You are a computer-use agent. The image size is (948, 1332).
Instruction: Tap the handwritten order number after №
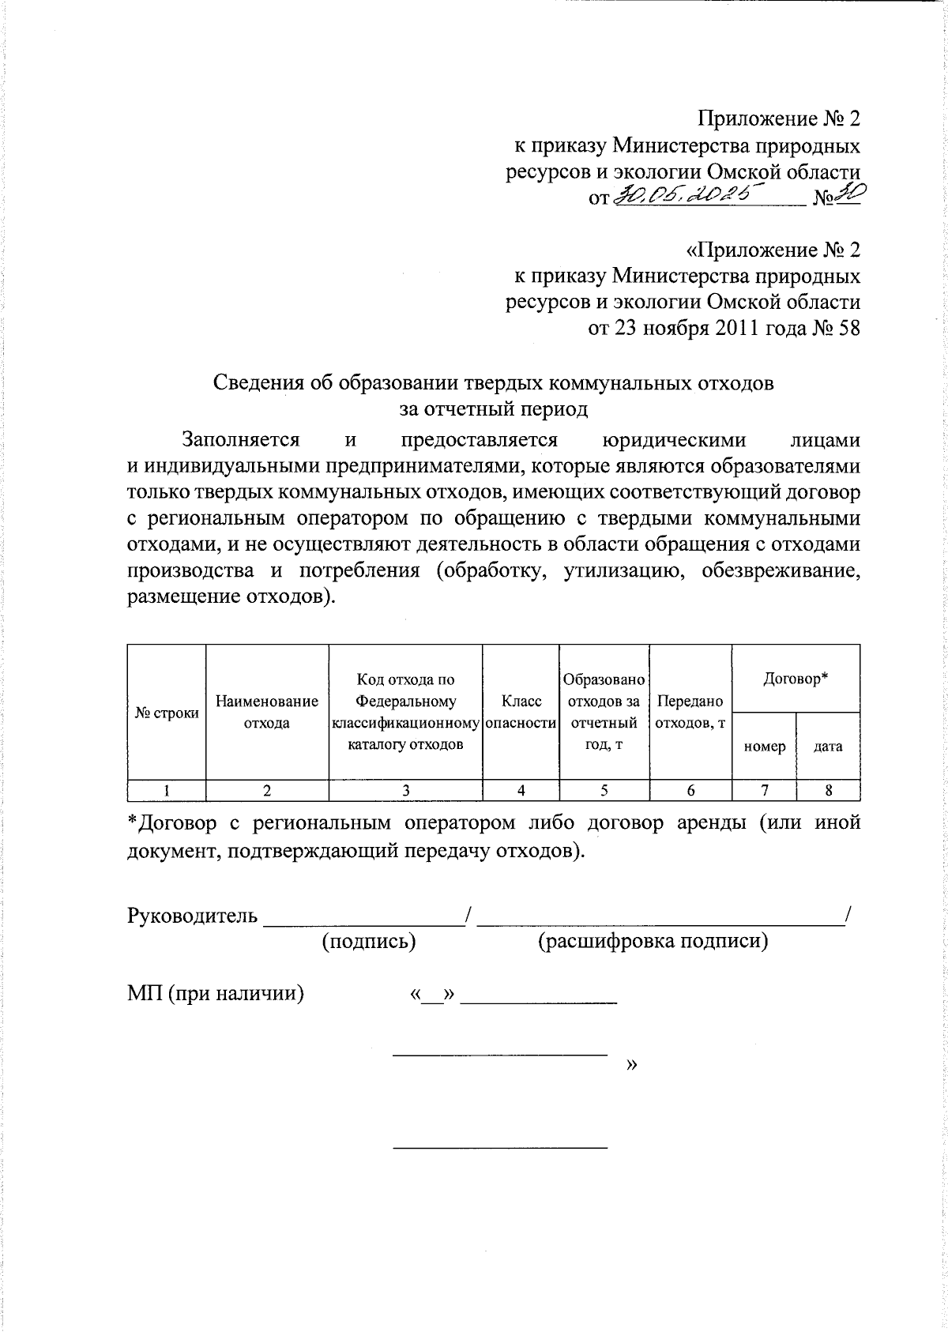[848, 194]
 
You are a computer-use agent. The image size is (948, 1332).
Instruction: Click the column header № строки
[167, 713]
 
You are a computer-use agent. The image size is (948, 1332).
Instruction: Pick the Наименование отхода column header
[267, 712]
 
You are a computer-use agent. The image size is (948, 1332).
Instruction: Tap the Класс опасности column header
[521, 712]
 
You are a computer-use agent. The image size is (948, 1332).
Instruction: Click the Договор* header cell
[795, 678]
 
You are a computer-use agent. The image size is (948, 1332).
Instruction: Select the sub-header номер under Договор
[764, 746]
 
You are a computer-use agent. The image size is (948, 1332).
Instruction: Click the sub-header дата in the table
[828, 746]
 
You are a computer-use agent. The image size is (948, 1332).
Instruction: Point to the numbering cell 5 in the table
[604, 790]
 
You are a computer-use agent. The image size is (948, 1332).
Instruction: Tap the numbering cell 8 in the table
[828, 790]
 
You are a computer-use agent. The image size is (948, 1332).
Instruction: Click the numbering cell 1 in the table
[167, 790]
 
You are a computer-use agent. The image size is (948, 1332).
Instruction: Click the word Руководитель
[192, 916]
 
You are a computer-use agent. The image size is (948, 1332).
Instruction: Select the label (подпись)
[369, 941]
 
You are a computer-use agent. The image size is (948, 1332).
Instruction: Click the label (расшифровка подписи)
[653, 941]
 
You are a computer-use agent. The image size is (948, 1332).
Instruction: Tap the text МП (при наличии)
[216, 993]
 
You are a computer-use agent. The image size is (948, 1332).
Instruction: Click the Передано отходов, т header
[690, 712]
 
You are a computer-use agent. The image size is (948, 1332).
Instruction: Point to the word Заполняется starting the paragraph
[240, 439]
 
